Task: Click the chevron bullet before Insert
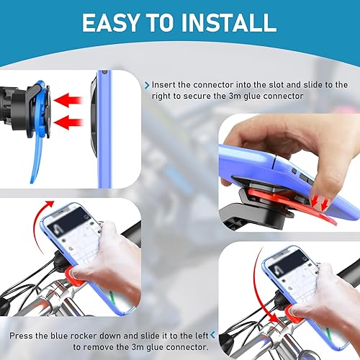click(x=148, y=84)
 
